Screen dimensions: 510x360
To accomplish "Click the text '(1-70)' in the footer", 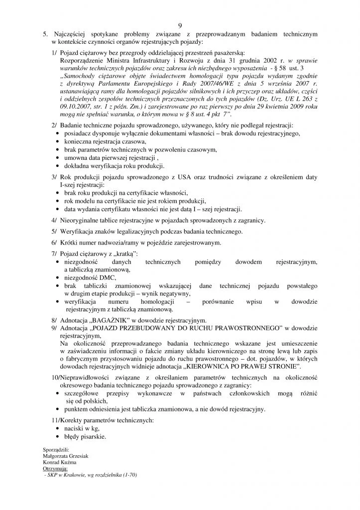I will [x=128, y=475].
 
